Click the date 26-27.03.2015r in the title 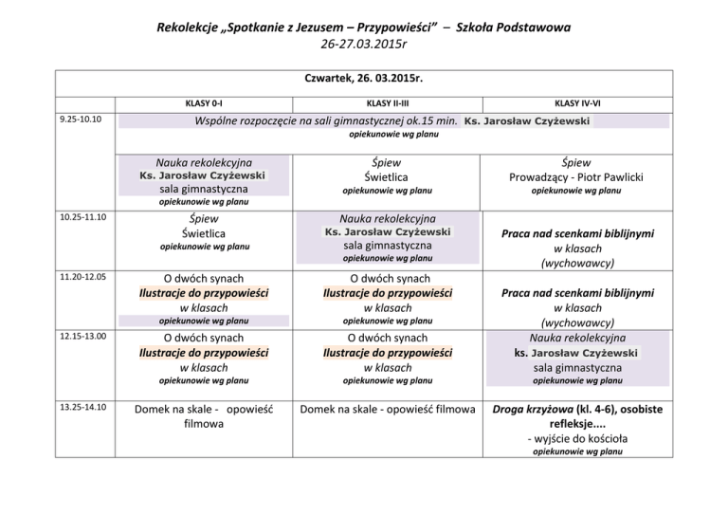(363, 43)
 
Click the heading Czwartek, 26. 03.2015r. (364, 82)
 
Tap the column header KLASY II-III (387, 101)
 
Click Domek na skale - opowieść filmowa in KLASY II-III (388, 409)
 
